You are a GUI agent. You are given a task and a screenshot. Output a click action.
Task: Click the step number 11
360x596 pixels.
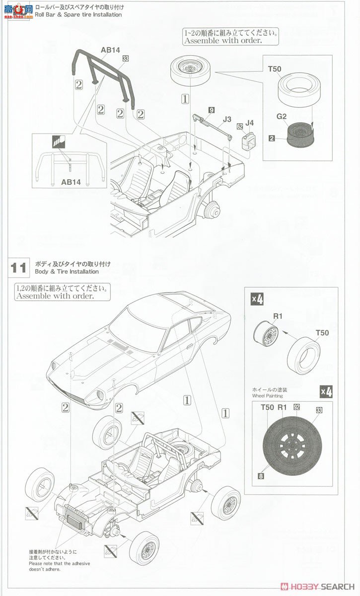click(x=18, y=268)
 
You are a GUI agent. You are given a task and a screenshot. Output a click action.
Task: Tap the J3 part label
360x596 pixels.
click(x=227, y=119)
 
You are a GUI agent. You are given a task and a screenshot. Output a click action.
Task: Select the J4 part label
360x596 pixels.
click(x=249, y=122)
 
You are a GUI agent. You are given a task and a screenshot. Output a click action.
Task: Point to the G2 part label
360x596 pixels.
click(x=282, y=117)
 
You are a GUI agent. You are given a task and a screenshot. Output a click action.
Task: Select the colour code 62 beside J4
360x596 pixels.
click(x=239, y=127)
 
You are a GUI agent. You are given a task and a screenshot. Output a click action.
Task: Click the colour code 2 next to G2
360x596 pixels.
click(x=272, y=138)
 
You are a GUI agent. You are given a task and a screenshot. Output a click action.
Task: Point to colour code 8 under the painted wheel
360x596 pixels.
click(x=260, y=476)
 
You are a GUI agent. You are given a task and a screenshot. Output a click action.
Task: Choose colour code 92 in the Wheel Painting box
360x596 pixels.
click(x=296, y=406)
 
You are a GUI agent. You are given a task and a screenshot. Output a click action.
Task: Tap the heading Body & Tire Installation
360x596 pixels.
click(x=67, y=272)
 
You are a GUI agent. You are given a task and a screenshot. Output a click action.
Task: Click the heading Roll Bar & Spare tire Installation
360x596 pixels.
click(x=78, y=14)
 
